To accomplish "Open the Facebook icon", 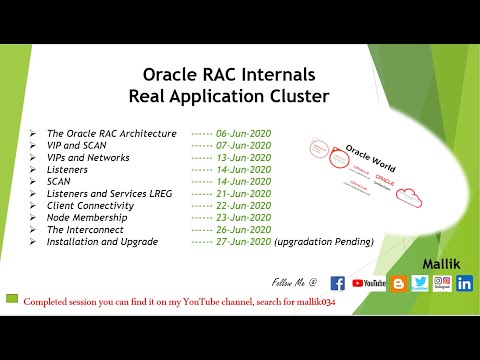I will click(x=337, y=283).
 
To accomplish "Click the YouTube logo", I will click(x=369, y=284).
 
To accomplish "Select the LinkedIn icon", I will click(x=464, y=283).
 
